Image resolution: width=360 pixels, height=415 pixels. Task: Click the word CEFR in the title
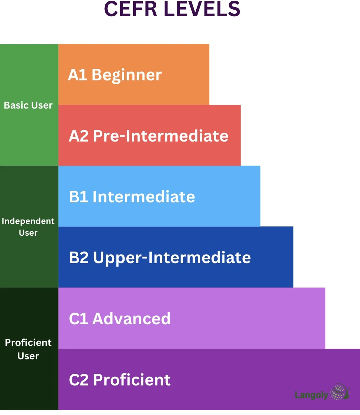131,9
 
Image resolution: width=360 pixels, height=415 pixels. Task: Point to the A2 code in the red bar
79,136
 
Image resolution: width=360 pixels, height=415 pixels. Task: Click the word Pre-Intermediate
161,136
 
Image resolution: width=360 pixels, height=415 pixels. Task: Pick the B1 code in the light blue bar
79,197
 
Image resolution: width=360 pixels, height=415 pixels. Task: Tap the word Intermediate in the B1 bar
144,197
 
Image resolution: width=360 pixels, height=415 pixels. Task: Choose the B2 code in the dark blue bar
79,258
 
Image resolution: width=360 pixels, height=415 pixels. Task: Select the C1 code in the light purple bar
79,319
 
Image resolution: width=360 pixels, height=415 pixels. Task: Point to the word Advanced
131,319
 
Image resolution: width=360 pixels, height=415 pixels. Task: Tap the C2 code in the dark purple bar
79,380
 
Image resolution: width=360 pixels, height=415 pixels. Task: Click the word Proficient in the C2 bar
132,380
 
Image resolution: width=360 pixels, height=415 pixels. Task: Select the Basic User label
28,105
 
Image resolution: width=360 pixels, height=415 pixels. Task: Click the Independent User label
28,227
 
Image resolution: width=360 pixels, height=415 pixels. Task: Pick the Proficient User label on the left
28,349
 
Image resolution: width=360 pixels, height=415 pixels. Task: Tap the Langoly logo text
311,395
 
